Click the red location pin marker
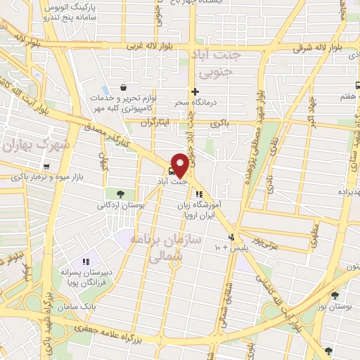(x=180, y=165)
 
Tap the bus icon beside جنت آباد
(x=172, y=169)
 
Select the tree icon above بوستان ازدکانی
(x=120, y=194)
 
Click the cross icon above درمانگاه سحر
(x=195, y=91)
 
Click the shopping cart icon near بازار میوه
(x=46, y=167)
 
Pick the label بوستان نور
(x=334, y=307)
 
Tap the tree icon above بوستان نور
(x=335, y=296)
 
